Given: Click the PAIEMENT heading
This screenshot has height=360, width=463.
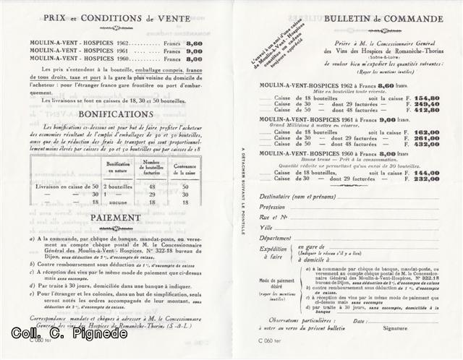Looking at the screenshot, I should (116, 217).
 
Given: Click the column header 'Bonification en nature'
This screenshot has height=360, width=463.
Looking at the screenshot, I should (118, 167).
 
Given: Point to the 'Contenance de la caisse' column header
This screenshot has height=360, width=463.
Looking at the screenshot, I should (185, 171).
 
